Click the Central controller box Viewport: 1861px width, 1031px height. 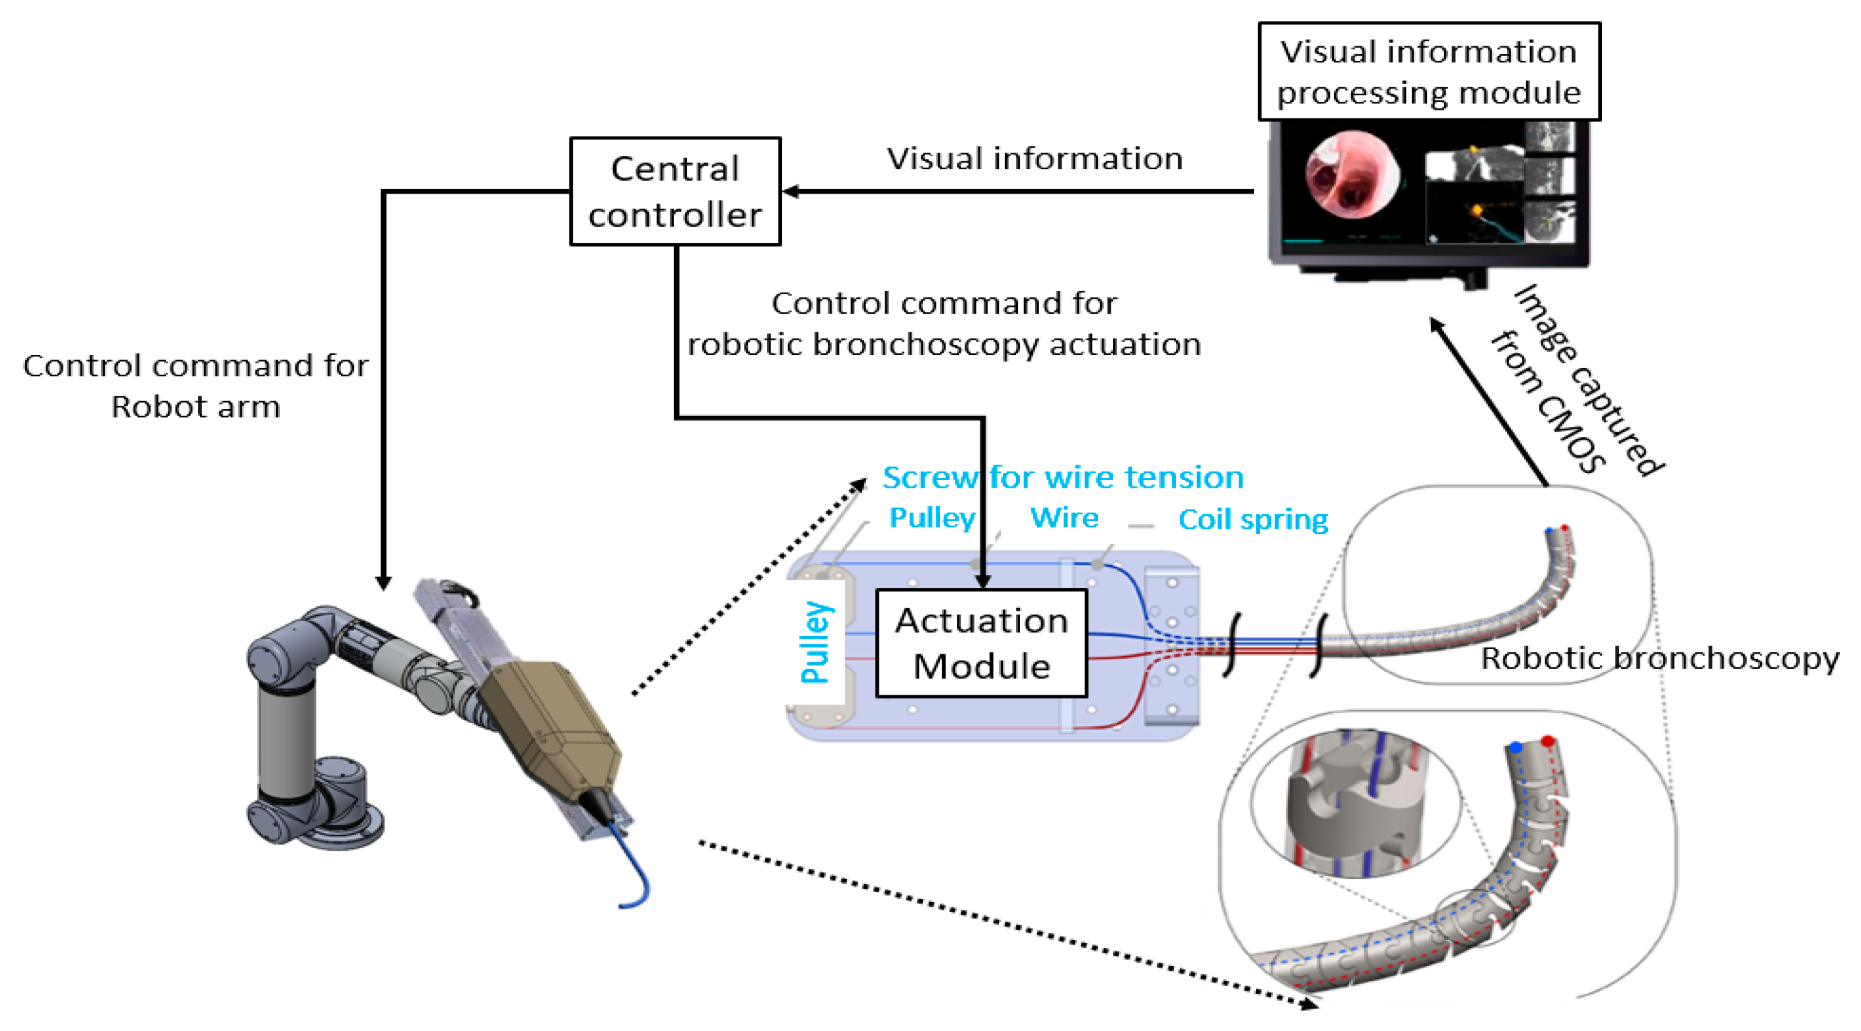click(675, 192)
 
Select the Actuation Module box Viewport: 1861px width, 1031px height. click(981, 643)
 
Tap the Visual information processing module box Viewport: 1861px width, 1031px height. click(1428, 71)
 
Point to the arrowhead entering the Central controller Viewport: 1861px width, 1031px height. click(791, 192)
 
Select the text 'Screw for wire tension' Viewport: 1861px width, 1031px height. click(1062, 478)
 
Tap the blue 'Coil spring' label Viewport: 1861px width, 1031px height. click(1253, 519)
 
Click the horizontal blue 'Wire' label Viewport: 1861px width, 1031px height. click(1064, 518)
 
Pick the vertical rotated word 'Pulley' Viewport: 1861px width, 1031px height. click(816, 642)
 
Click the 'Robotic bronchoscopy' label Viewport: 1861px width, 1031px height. click(1660, 658)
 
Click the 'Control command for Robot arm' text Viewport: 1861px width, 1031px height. click(196, 386)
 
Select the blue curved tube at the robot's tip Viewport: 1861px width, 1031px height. click(636, 875)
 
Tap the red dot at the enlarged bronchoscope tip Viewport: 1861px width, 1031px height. click(1547, 742)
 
